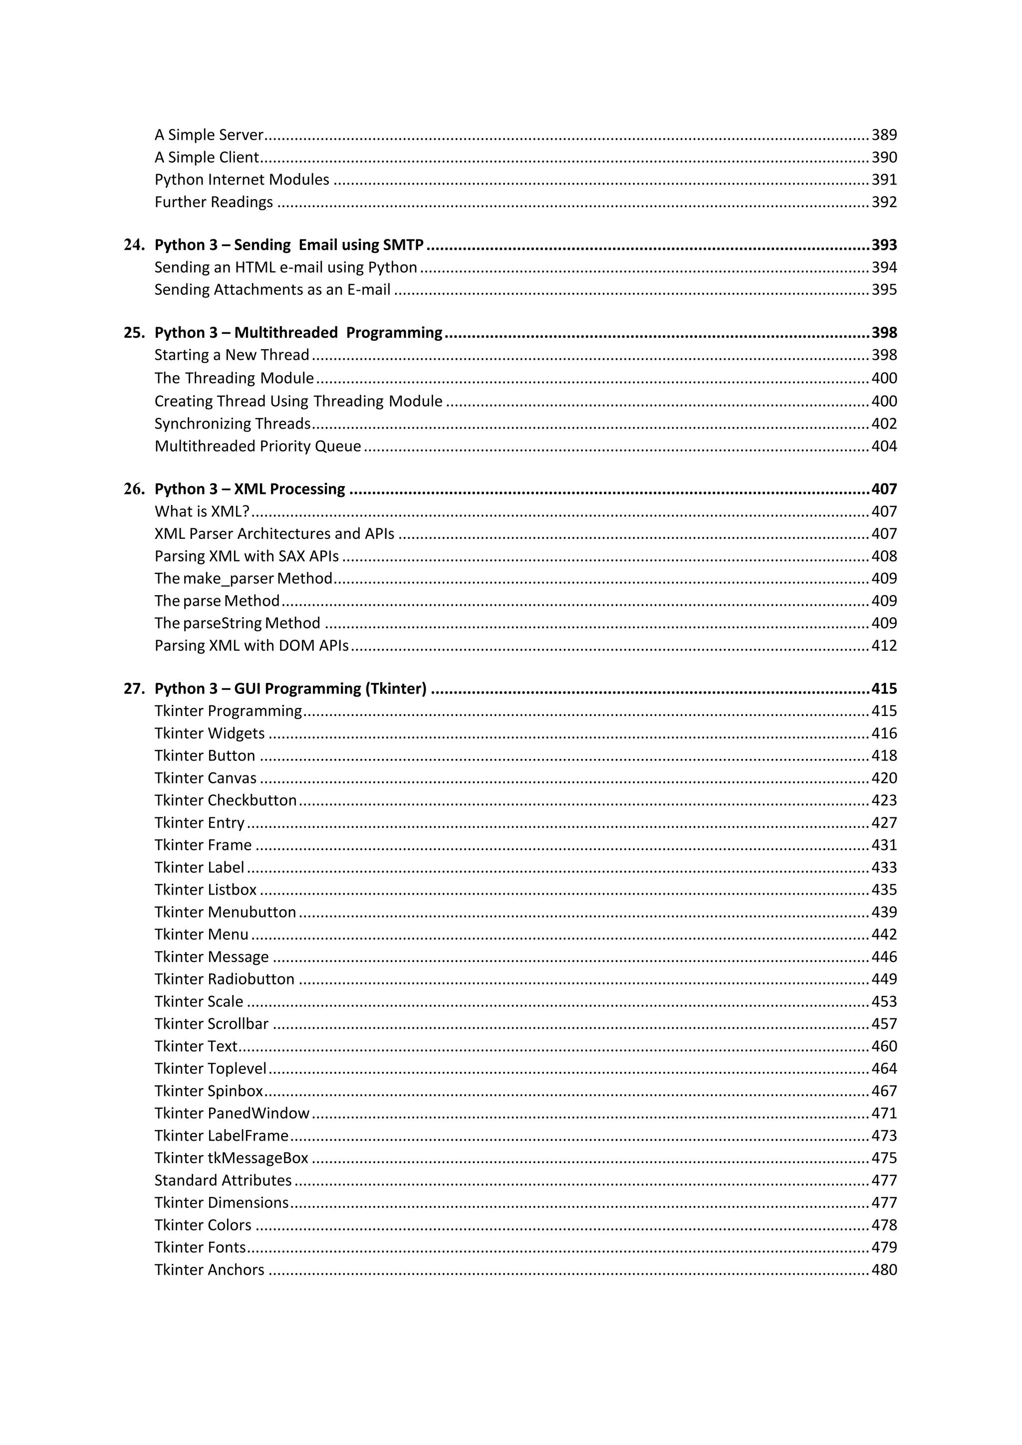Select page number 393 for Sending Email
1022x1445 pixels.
[x=884, y=245]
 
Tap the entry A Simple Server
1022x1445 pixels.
[x=209, y=135]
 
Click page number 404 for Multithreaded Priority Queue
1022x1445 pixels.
[x=884, y=446]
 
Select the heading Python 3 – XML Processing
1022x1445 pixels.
[x=250, y=489]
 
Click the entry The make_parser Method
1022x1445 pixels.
[x=244, y=578]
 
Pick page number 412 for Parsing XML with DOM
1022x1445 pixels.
[x=884, y=645]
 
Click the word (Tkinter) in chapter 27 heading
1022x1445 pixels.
[x=396, y=689]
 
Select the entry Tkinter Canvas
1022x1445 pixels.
[x=206, y=778]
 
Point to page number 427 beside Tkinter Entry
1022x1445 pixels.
[x=884, y=823]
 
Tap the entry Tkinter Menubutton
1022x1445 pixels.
[x=225, y=912]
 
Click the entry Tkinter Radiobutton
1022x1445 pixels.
[x=225, y=978]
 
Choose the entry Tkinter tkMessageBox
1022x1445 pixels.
[x=232, y=1158]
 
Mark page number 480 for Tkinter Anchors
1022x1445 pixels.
[x=884, y=1269]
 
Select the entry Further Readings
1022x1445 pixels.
[x=214, y=202]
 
